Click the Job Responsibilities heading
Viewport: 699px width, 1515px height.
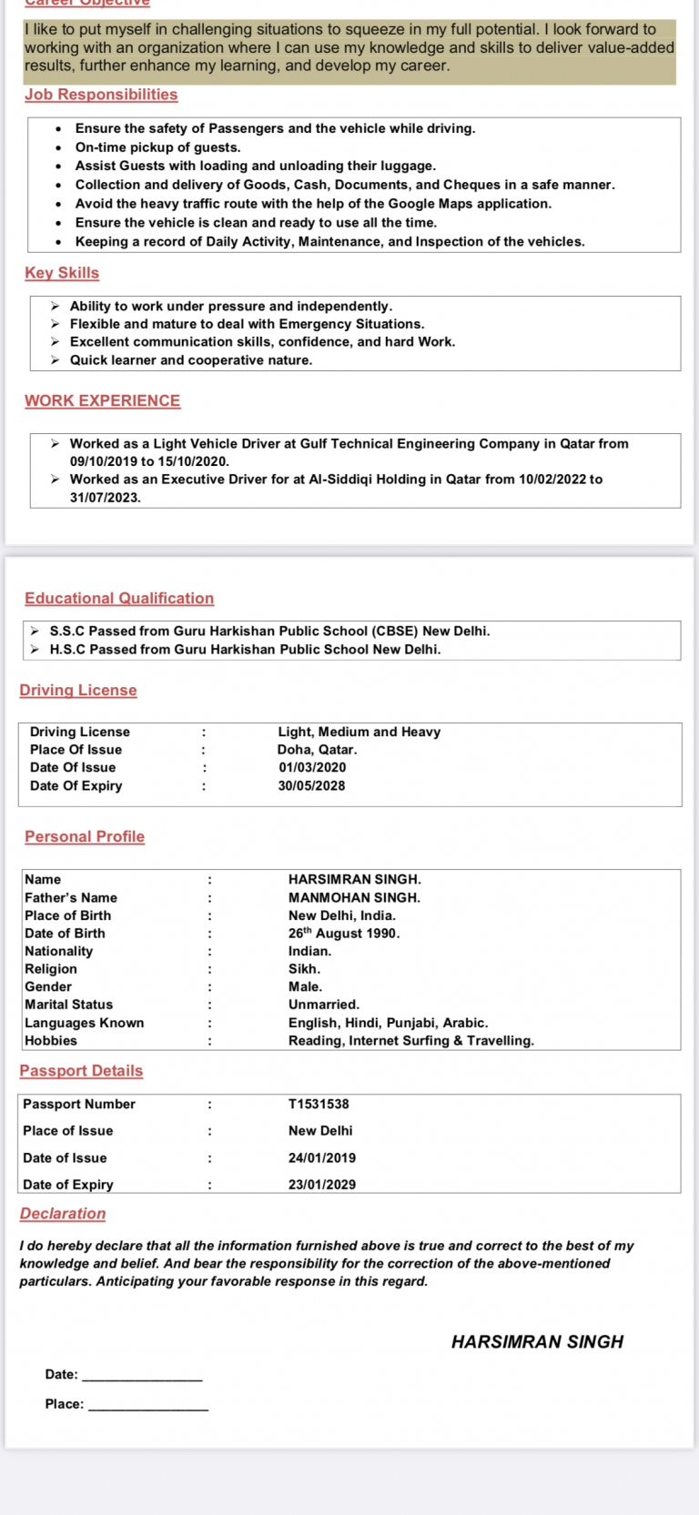click(x=101, y=95)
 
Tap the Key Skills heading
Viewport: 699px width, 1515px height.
click(x=62, y=273)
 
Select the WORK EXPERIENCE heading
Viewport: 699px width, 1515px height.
click(x=102, y=401)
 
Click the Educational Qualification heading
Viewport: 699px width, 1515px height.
click(x=119, y=599)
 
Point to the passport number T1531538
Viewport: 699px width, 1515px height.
click(x=319, y=1105)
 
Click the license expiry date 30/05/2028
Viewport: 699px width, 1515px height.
click(x=311, y=786)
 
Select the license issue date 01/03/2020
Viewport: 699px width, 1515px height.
click(x=312, y=768)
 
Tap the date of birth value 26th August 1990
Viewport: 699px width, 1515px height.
click(x=344, y=934)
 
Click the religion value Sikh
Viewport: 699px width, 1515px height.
click(x=304, y=969)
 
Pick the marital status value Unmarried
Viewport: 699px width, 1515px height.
click(x=324, y=1005)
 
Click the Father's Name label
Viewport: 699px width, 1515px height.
click(x=71, y=898)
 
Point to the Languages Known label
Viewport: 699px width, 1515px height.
click(x=85, y=1023)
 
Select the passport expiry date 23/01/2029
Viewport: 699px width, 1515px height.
click(x=322, y=1185)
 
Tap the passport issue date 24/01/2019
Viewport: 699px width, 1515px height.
click(x=322, y=1158)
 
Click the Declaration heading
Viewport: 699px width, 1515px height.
click(x=63, y=1214)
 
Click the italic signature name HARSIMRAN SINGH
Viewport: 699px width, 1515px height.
click(x=537, y=1342)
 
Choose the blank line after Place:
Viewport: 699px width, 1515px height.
click(x=149, y=1407)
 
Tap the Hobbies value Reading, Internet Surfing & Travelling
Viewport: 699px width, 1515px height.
click(x=411, y=1041)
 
